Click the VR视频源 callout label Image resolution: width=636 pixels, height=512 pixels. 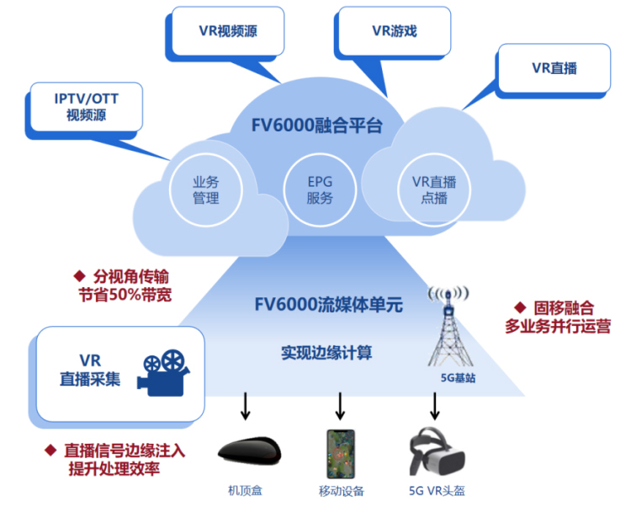pyautogui.click(x=228, y=31)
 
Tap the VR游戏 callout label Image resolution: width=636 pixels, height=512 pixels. pyautogui.click(x=394, y=31)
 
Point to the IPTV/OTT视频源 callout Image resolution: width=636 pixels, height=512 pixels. pyautogui.click(x=87, y=106)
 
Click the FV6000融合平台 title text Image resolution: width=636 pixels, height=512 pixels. pyautogui.click(x=317, y=126)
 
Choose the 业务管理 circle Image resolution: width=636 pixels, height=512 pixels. pyautogui.click(x=206, y=190)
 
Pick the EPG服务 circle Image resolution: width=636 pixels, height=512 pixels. pyautogui.click(x=320, y=190)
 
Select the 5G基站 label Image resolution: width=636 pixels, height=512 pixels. pyautogui.click(x=458, y=378)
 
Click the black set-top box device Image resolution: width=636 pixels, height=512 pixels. pyautogui.click(x=247, y=451)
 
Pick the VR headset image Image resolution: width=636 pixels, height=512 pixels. pyautogui.click(x=437, y=453)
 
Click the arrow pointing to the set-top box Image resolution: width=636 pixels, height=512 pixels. pyautogui.click(x=246, y=405)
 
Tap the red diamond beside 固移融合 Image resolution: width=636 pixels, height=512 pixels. pyautogui.click(x=520, y=308)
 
